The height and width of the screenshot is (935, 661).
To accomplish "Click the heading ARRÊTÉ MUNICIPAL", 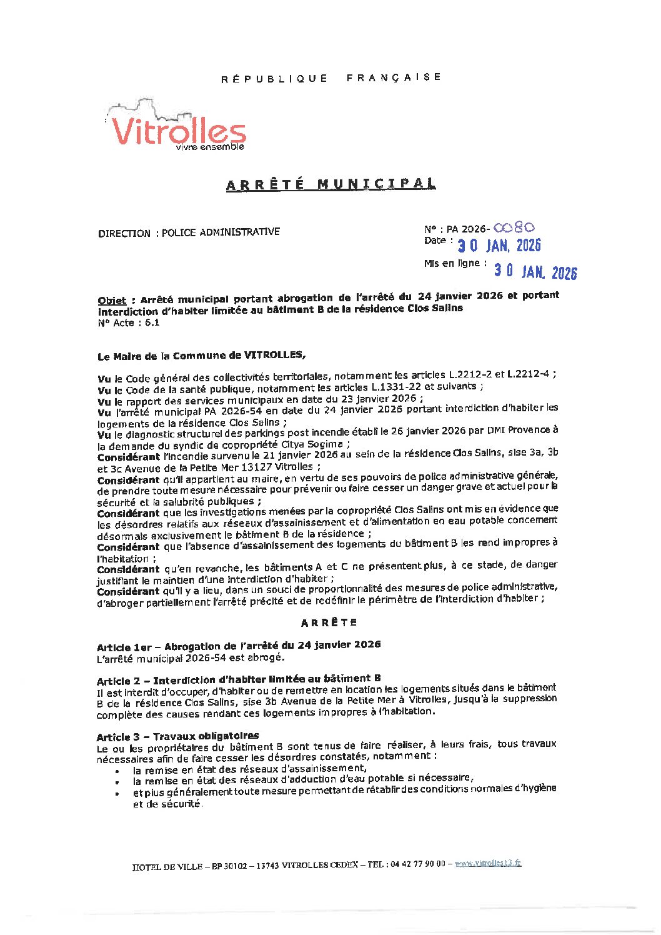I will pyautogui.click(x=331, y=184).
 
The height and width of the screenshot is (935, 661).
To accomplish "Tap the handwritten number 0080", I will pyautogui.click(x=514, y=228).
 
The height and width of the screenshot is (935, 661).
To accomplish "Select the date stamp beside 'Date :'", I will pyautogui.click(x=499, y=245).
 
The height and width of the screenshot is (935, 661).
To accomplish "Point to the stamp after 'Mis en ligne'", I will pyautogui.click(x=535, y=271).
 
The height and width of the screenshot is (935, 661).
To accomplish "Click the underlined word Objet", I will pyautogui.click(x=112, y=300).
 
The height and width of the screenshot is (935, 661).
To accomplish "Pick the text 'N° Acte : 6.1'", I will pyautogui.click(x=129, y=323).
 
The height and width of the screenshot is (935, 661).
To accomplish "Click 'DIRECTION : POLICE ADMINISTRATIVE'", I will pyautogui.click(x=189, y=232).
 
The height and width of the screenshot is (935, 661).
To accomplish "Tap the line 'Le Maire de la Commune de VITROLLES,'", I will pyautogui.click(x=201, y=356).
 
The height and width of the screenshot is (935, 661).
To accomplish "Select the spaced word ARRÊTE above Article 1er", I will pyautogui.click(x=329, y=622).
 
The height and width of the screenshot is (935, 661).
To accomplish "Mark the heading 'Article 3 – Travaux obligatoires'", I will pyautogui.click(x=177, y=736).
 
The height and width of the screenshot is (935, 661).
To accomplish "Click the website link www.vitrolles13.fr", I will pyautogui.click(x=488, y=863).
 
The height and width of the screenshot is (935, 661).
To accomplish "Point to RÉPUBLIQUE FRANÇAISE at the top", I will pyautogui.click(x=331, y=77).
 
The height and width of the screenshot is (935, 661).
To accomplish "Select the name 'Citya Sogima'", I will pyautogui.click(x=313, y=444).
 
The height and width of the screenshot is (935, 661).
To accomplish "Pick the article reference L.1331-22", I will pyautogui.click(x=396, y=387).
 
